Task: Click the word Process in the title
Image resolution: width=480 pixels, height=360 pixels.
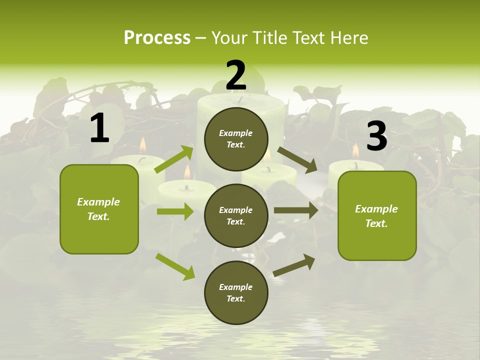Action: pos(157,37)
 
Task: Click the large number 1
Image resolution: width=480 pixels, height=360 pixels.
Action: pos(99,128)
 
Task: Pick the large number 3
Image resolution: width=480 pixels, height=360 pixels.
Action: pos(376,136)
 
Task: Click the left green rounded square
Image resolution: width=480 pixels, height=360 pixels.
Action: pos(99,209)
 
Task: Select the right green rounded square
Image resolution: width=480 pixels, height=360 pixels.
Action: pos(377,216)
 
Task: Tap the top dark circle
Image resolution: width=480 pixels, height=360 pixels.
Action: pos(236,139)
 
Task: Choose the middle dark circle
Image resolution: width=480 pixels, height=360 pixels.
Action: pos(236,215)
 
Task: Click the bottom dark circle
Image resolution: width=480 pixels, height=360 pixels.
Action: pos(236,292)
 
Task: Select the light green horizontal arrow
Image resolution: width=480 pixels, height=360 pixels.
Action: pos(175,211)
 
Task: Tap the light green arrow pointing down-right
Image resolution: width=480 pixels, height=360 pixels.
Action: pos(175,266)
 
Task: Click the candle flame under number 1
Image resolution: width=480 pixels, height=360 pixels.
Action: pos(142,145)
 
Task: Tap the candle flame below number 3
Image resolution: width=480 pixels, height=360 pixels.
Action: pos(355,150)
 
